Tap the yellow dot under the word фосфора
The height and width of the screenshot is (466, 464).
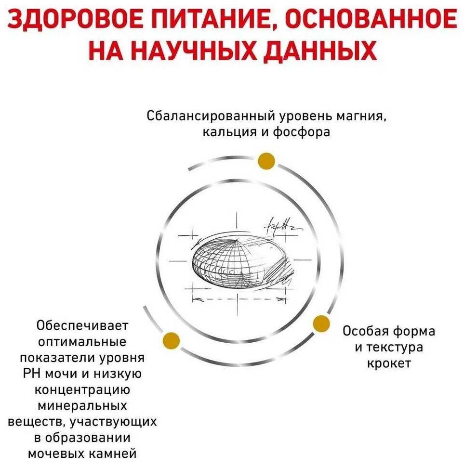[x=266, y=161]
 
